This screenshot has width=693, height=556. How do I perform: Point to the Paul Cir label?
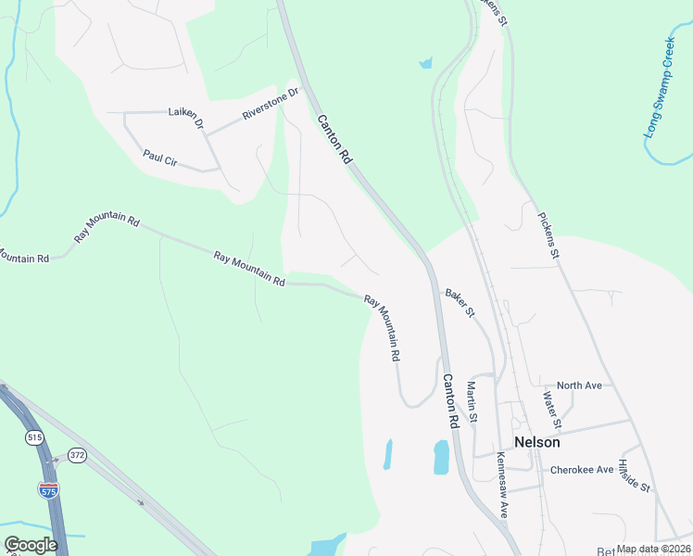coord(159,158)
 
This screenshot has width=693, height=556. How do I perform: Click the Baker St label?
coord(459,302)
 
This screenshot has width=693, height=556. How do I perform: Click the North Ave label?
coord(580,385)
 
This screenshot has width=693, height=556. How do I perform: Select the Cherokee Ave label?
coord(581,470)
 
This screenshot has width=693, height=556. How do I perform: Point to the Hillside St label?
coord(636,475)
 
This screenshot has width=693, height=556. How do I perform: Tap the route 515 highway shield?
coord(35,436)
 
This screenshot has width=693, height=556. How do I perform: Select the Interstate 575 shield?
coord(48,489)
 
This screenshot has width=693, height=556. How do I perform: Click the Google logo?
coord(31,545)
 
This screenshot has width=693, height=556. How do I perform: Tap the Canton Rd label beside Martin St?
coord(451,400)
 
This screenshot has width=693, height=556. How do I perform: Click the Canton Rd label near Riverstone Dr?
coord(334,140)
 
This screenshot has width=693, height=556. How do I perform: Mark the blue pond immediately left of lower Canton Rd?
coord(441,457)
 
